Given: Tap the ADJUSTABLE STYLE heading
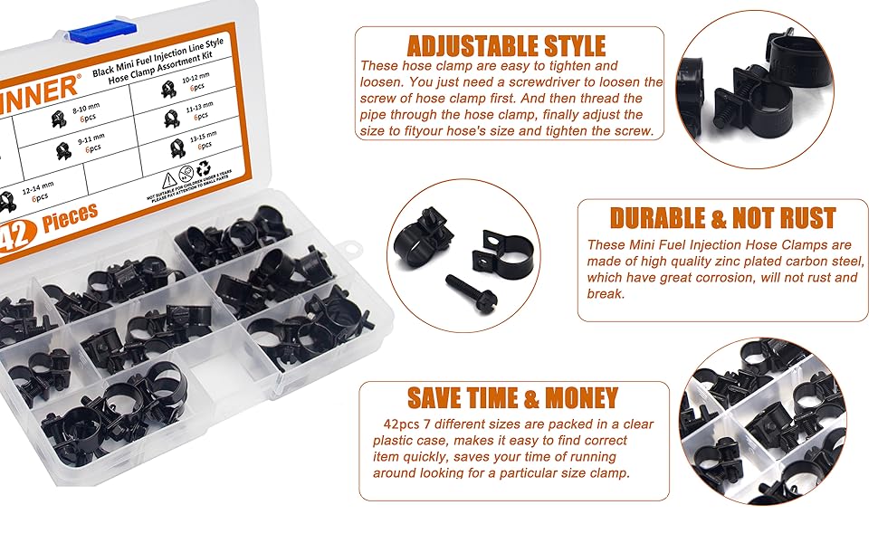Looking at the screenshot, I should [x=506, y=46].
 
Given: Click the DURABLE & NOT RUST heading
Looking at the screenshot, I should [x=722, y=218].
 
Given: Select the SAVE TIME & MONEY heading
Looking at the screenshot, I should [x=512, y=397].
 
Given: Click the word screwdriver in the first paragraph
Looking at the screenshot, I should [x=562, y=82].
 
